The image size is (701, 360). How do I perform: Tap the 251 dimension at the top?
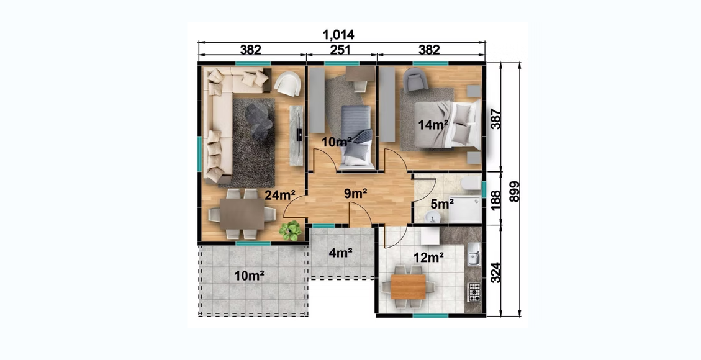340,50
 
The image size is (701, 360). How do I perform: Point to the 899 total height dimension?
515,191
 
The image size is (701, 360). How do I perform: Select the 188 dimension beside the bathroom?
496,199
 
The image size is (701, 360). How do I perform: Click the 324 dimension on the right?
496,272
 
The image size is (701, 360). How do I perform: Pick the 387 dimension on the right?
496,119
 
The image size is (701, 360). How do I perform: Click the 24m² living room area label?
280,195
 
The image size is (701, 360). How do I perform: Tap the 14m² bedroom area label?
433,125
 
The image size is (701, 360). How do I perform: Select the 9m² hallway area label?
355,193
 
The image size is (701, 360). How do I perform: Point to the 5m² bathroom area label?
441,204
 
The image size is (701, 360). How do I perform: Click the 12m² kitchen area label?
428,257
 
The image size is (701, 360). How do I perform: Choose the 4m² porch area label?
340,253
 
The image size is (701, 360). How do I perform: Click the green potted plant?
290,231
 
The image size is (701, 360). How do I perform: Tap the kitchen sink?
474,255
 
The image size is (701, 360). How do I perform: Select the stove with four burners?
474,292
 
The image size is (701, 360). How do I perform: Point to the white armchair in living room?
287,84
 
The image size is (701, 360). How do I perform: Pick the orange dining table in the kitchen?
408,287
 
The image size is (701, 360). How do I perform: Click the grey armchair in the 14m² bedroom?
415,79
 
